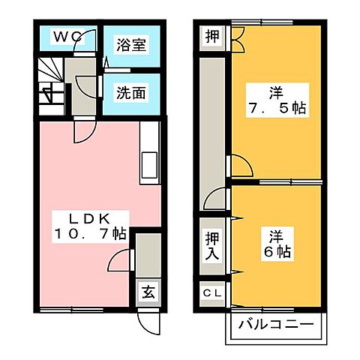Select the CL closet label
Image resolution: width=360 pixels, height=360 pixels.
click(212, 293)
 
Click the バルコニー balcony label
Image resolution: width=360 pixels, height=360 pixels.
click(275, 325)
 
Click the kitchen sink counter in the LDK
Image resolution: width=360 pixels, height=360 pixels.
click(149, 154)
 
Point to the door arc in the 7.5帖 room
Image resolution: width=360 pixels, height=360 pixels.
click(238, 166)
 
